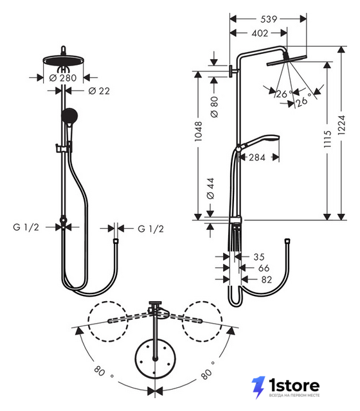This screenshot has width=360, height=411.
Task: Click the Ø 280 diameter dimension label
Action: coord(63,78)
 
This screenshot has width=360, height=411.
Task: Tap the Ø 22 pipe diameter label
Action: coord(99,91)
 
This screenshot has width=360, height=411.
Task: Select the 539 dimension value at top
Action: coord(269,19)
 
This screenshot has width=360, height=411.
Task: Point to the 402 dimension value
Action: coord(260,33)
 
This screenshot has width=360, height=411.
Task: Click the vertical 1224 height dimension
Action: coord(341,125)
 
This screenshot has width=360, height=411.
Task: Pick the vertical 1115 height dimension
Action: coord(327,139)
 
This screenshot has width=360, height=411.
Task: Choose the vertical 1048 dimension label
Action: coord(199,132)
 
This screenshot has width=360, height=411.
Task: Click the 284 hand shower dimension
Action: coord(257,157)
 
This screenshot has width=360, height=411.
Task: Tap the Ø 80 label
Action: coord(214,107)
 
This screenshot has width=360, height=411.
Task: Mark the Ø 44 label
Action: coord(210,189)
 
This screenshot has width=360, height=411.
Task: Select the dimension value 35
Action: coord(259,257)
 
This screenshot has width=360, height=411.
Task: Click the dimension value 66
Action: coord(264,268)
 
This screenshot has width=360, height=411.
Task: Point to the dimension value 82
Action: coord(267,280)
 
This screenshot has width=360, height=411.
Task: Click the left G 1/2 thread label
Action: coord(26,227)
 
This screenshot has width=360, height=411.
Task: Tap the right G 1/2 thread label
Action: coord(151,229)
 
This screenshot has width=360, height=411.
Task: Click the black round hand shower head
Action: coord(69,116)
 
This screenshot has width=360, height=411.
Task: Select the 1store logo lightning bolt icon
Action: coord(258,387)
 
